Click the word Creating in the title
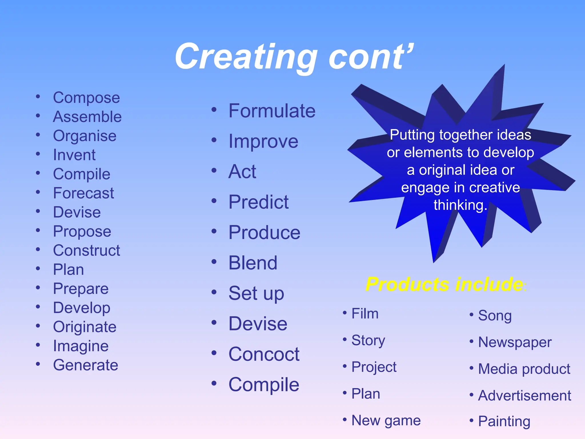coord(246,57)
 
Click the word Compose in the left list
coord(86,98)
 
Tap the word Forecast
coord(83,193)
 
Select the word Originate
coord(85,327)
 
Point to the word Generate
coord(85,365)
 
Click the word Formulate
coord(272,111)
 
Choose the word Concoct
coord(264,354)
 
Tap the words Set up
coord(256,294)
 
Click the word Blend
coord(253,263)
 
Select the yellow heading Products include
coord(444,284)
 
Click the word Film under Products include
coord(365,314)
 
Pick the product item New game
coord(386,420)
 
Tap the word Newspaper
coord(515,342)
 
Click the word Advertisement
coord(524,396)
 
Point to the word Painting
coord(504,421)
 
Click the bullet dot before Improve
coord(214,140)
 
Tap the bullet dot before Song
coord(472,315)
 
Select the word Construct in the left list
coord(87,251)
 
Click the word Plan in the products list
coord(366,394)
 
